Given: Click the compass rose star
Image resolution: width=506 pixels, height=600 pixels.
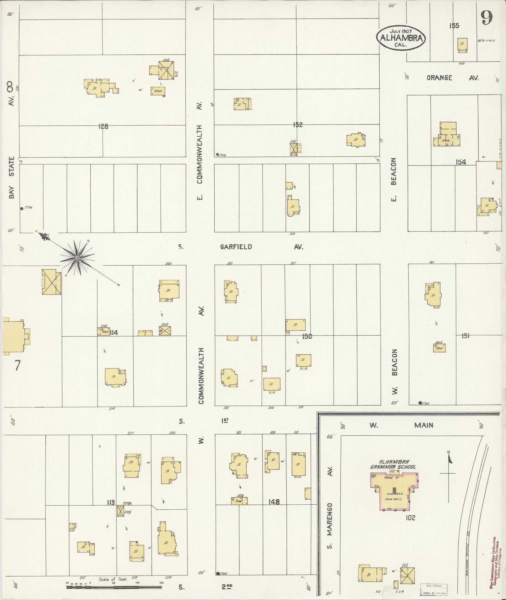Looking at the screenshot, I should (77, 258).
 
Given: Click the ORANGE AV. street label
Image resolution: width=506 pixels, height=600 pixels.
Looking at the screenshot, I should (452, 78).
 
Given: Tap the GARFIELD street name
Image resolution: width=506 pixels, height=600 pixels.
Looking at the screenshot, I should (236, 247).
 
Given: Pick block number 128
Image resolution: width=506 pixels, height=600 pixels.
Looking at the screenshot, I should (103, 126).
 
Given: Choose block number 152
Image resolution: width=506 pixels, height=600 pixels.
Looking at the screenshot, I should (297, 125).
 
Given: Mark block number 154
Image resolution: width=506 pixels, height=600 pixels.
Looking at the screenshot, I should (461, 162).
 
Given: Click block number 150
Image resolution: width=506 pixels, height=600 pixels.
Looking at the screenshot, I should (307, 337).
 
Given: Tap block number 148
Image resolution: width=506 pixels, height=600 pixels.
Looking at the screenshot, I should (274, 502).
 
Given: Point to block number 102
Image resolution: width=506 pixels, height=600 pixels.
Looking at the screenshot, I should (410, 518).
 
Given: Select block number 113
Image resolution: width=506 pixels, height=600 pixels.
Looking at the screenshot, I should (111, 502).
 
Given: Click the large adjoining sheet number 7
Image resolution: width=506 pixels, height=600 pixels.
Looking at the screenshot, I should (17, 365).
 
